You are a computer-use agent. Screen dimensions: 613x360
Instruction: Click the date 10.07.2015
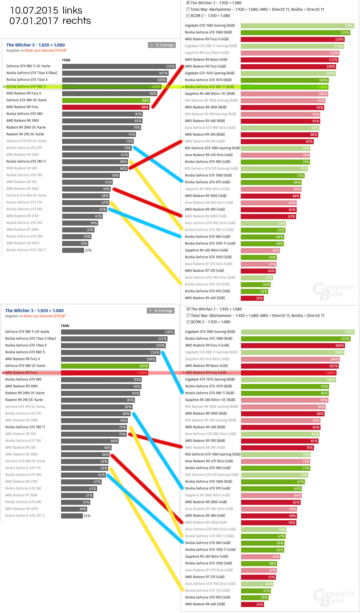[x=34, y=11]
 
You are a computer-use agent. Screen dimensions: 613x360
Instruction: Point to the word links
[x=72, y=11]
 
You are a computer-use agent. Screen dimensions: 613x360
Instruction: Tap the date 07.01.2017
[x=34, y=21]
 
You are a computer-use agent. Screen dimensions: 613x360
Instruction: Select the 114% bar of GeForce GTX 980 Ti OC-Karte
[x=119, y=66]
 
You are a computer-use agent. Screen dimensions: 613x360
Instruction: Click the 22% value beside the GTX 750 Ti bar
[x=88, y=250]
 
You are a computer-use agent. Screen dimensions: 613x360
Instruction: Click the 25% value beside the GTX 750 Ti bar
[x=87, y=516]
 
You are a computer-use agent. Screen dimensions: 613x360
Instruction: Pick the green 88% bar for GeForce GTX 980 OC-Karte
[x=106, y=100]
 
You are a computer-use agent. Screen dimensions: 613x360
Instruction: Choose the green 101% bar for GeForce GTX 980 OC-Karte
[x=105, y=366]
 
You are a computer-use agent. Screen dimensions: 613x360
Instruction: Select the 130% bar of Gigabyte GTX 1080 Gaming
[x=297, y=26]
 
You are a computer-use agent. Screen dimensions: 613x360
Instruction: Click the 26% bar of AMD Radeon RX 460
[x=252, y=298]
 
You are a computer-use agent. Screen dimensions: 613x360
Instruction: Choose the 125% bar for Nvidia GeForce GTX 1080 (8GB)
[x=295, y=33]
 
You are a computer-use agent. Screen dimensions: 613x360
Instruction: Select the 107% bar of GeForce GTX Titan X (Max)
[x=115, y=73]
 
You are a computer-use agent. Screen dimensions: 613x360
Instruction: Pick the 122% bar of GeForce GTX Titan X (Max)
[x=114, y=339]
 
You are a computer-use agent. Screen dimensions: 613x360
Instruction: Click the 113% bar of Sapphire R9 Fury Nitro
[x=290, y=53]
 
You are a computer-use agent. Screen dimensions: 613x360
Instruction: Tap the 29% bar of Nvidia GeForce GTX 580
[x=77, y=237]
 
